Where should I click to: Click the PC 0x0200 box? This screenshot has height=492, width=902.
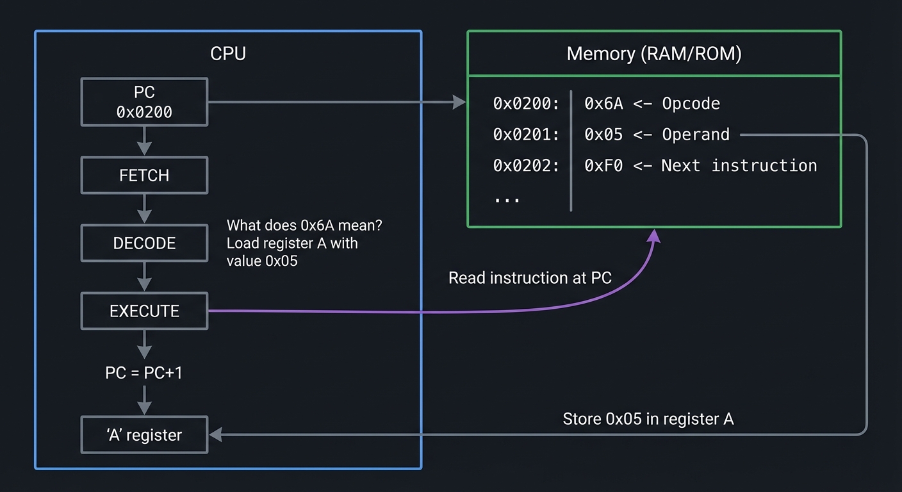(x=144, y=102)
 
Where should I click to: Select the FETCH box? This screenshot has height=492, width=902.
(x=144, y=176)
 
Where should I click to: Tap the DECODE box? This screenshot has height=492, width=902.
(x=144, y=243)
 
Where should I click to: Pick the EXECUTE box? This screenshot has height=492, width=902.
(x=144, y=311)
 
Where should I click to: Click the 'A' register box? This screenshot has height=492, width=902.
(x=144, y=435)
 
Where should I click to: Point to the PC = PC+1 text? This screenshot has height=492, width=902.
(x=144, y=372)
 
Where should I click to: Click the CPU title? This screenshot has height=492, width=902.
(x=228, y=53)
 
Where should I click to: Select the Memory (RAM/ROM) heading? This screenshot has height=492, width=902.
(x=654, y=54)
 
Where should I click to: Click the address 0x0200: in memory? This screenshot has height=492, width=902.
(x=526, y=104)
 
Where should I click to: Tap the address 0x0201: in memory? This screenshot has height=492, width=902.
(x=526, y=135)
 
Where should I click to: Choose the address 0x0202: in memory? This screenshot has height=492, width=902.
(x=526, y=165)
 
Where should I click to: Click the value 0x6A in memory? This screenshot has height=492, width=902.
(x=603, y=104)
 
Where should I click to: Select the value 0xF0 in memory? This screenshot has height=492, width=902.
(x=603, y=165)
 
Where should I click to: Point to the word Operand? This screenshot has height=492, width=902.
(x=696, y=135)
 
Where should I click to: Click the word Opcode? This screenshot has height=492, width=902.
(x=691, y=104)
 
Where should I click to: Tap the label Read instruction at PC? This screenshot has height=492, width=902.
(x=530, y=278)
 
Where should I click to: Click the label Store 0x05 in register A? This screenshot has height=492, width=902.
(x=648, y=419)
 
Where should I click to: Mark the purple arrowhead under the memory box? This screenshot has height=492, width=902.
(x=653, y=236)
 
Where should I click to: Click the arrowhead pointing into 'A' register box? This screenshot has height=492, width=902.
(x=215, y=435)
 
